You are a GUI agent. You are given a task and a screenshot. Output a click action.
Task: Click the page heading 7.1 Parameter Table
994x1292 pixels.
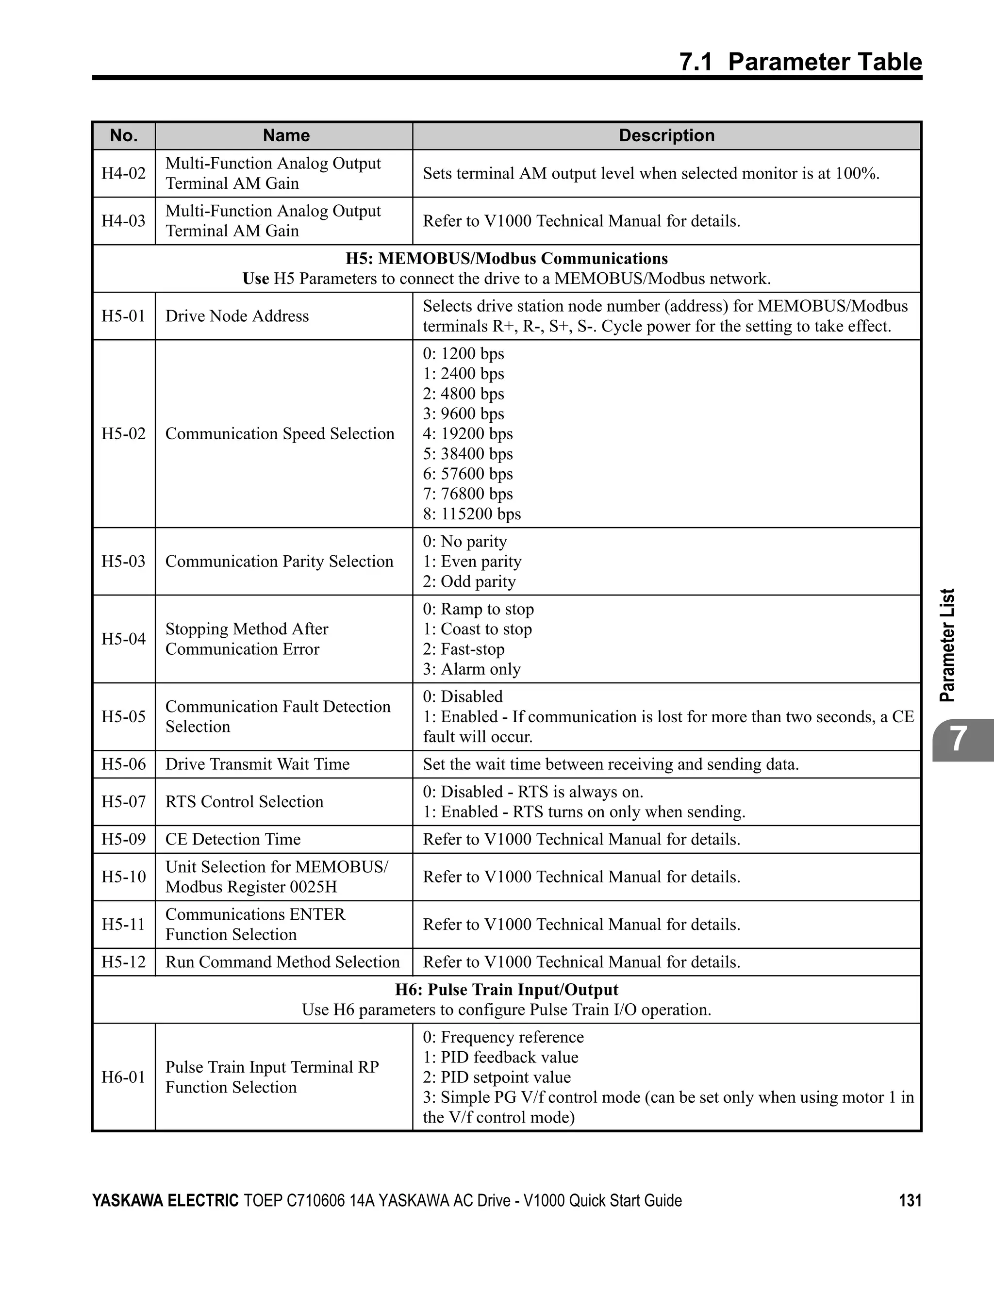800,62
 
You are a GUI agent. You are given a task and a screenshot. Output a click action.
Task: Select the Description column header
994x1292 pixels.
666,135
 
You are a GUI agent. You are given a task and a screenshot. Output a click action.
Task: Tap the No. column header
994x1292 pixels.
124,135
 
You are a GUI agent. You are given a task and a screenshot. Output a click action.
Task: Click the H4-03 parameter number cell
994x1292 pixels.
124,221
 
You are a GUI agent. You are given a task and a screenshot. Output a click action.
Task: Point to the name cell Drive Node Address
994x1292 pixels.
237,316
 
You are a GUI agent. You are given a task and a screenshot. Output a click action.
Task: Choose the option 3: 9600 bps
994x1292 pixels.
464,414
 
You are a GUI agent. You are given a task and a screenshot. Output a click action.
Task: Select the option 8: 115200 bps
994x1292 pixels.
472,513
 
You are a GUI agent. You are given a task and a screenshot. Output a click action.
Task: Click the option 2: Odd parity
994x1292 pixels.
469,581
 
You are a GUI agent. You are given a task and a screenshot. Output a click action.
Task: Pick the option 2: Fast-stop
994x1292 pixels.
464,649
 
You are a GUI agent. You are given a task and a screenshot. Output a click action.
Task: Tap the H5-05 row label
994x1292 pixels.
124,716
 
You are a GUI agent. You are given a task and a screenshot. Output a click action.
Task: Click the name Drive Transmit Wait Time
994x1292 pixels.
257,764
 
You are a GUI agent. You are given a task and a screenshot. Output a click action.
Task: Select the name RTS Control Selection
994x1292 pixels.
244,802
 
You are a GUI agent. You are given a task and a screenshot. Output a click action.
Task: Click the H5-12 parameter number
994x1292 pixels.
124,962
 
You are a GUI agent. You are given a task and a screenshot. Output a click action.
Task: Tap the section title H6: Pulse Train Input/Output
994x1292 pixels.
507,990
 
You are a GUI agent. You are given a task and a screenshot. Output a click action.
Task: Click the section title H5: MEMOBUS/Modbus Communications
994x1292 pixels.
507,259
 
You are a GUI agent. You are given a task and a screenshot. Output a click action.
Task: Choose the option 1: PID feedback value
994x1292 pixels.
500,1057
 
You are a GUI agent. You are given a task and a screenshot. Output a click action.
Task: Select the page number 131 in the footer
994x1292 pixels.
910,1200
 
